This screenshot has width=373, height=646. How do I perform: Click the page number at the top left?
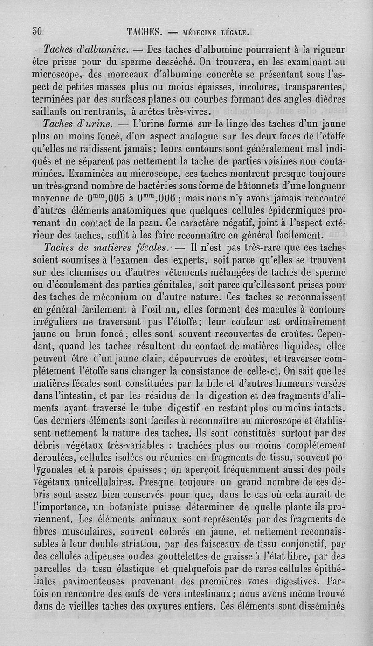coord(37,32)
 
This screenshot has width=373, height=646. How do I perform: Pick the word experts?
coord(188,260)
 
